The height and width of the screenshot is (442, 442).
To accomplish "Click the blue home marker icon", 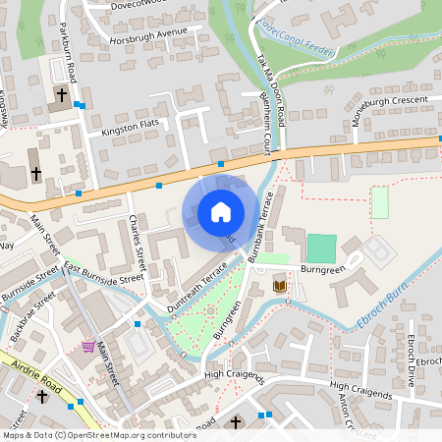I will [x=221, y=212].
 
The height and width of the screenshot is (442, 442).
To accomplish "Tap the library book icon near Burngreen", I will [x=280, y=286].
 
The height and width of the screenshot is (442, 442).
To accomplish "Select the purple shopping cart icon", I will [x=89, y=346].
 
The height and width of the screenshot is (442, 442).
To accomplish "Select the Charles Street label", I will [x=138, y=245].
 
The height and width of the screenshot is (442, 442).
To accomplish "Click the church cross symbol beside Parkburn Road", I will [x=61, y=95].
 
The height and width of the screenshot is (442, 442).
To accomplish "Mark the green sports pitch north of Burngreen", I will [x=321, y=248].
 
